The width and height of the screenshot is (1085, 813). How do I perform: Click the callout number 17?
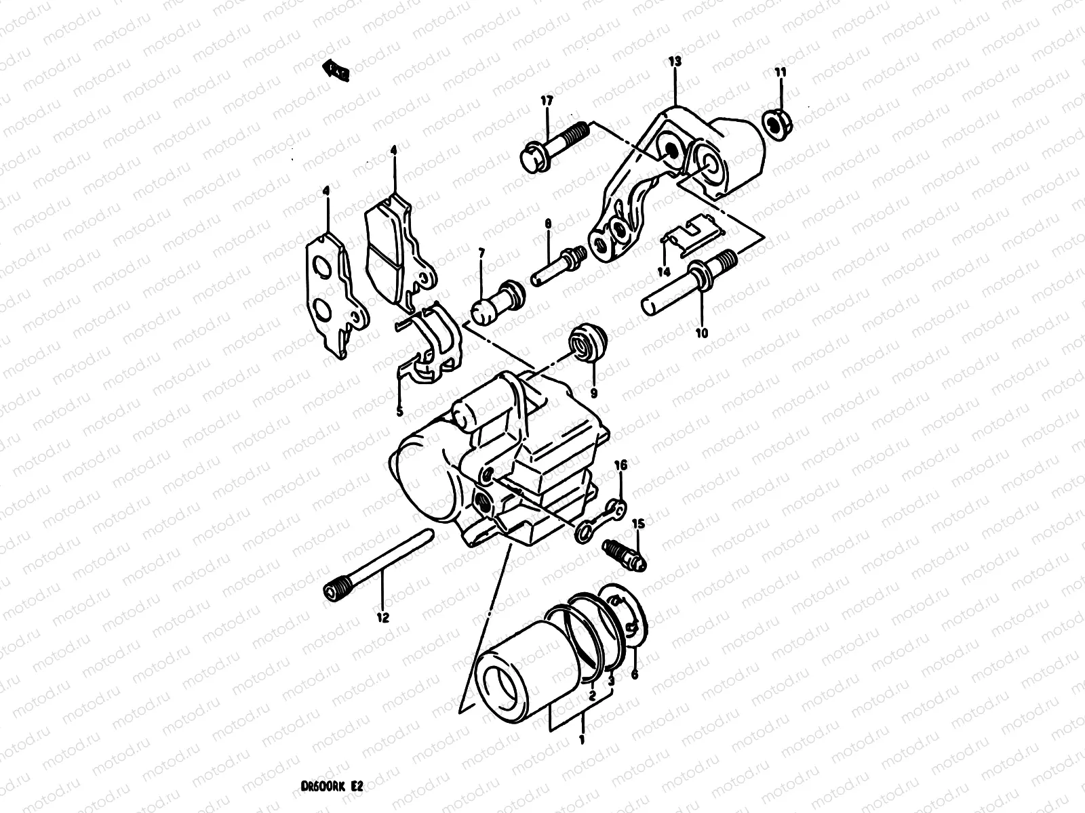pos(547,100)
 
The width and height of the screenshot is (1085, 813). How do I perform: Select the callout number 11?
pos(781,72)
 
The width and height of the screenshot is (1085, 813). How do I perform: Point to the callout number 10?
pos(701,333)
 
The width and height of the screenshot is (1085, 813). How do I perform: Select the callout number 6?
pos(635,675)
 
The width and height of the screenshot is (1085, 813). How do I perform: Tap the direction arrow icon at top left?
pos(336,70)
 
